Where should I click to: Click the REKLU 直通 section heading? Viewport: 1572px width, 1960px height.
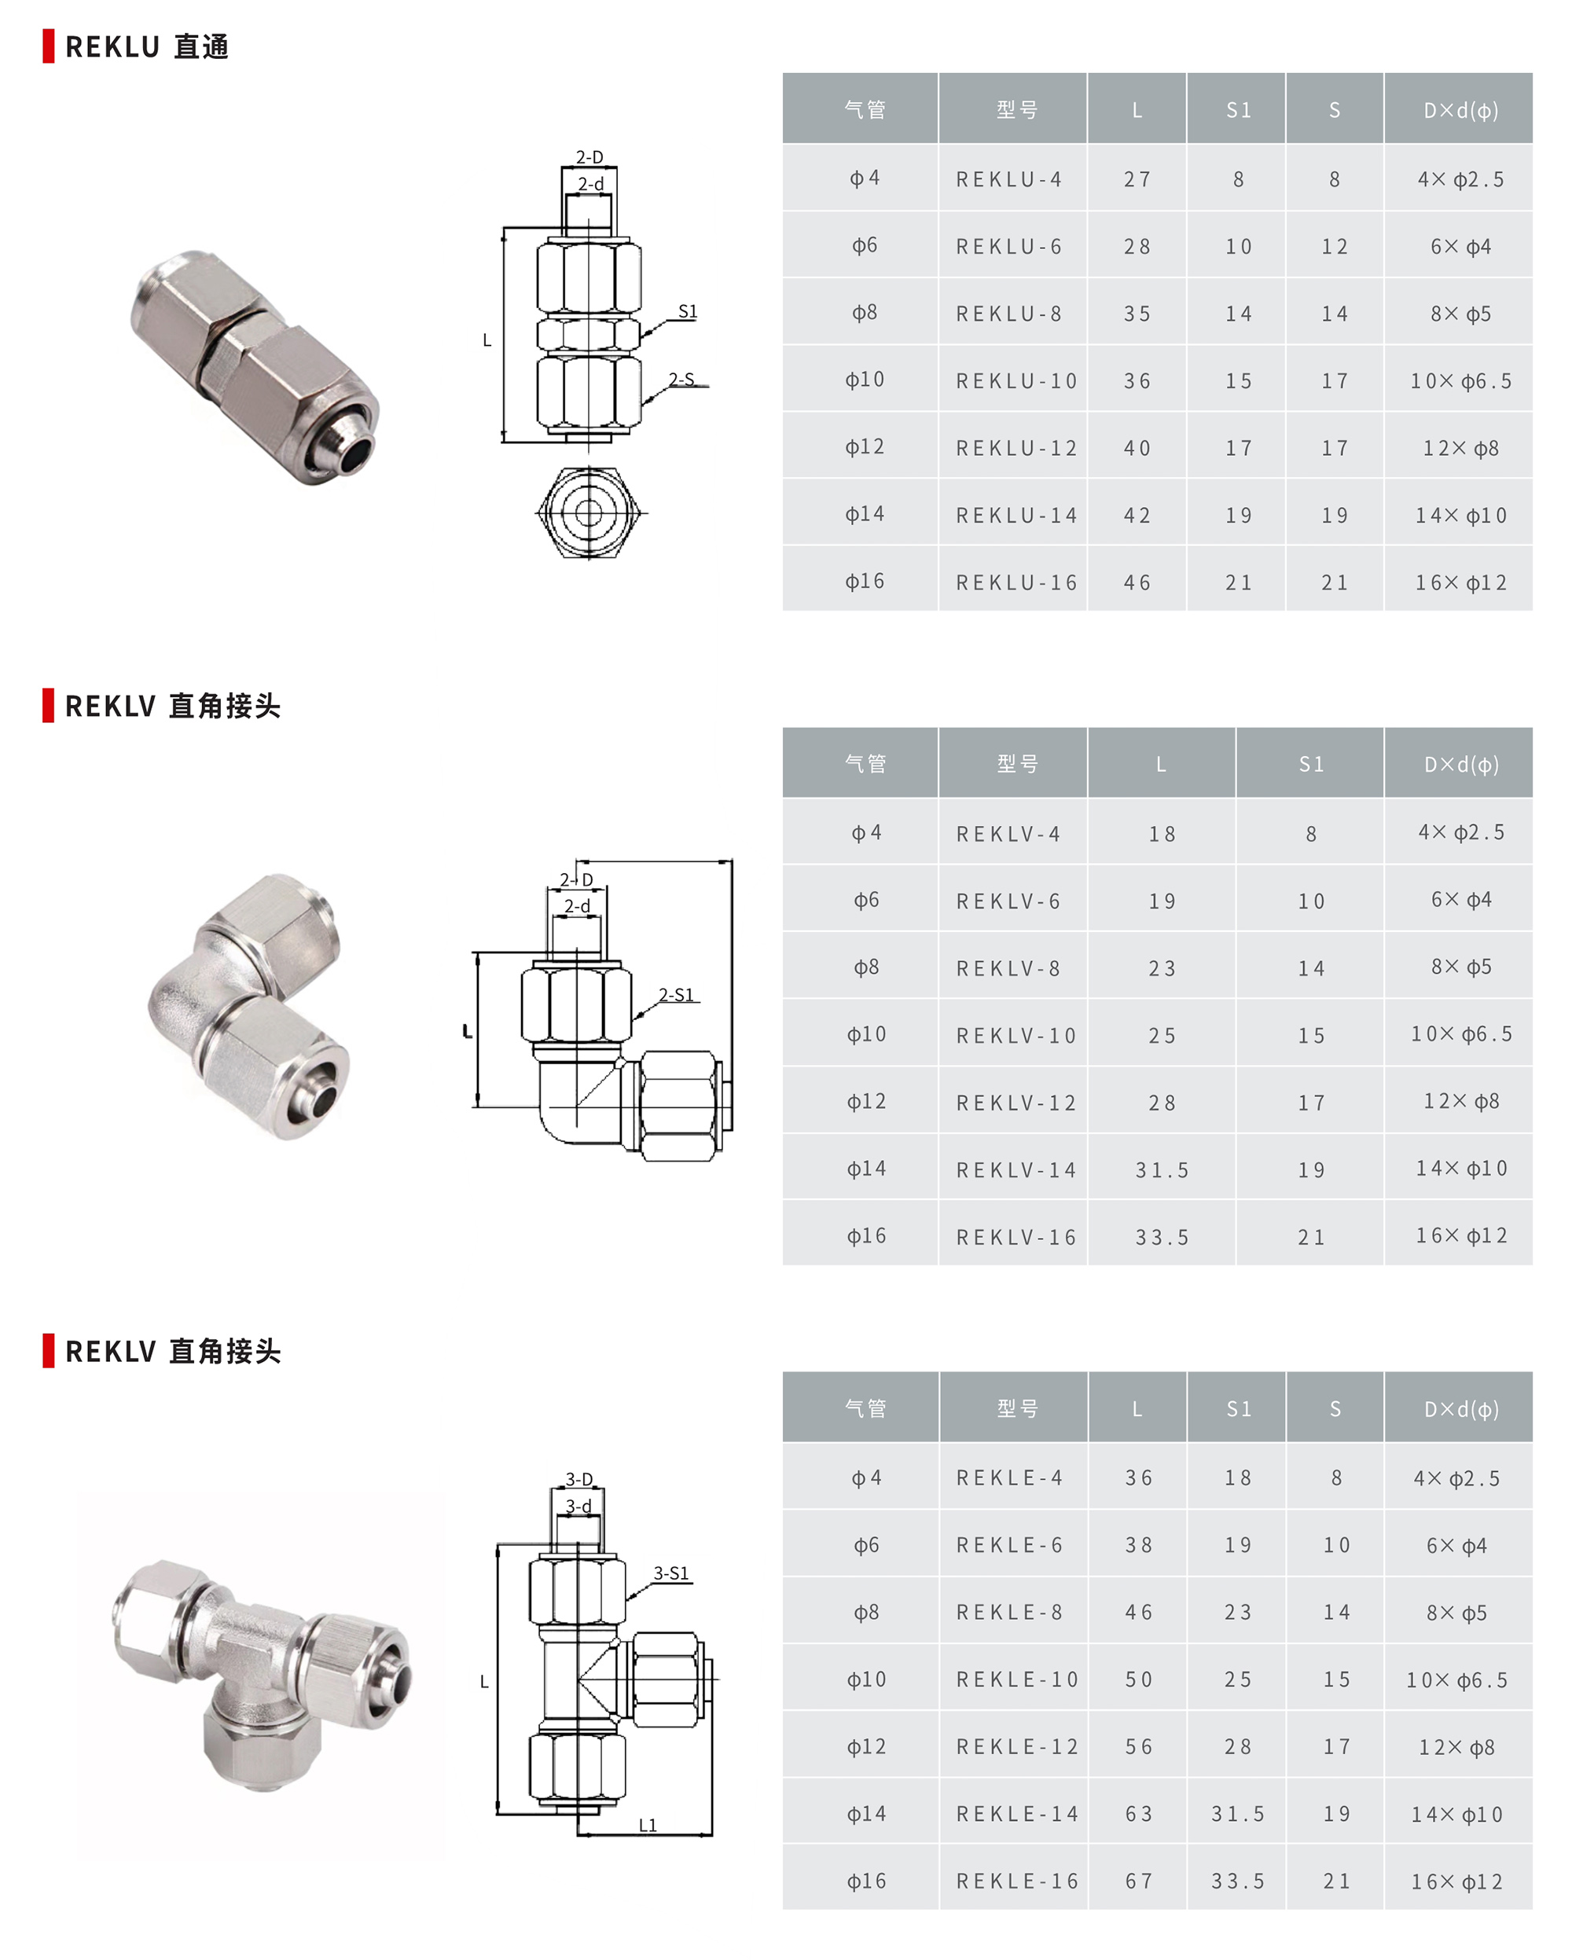[x=146, y=46]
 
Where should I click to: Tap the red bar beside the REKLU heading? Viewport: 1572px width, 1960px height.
[x=48, y=46]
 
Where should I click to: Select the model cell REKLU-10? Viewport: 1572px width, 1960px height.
[x=1016, y=381]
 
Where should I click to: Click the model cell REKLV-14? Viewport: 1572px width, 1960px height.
[x=1016, y=1170]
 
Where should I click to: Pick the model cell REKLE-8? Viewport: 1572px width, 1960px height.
[x=1009, y=1612]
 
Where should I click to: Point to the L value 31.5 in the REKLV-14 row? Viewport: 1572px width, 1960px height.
[x=1161, y=1170]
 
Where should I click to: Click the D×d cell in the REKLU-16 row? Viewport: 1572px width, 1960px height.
[x=1460, y=582]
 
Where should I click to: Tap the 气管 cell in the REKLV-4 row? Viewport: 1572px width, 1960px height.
[x=865, y=833]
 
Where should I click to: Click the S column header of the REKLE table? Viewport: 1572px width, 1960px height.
[x=1335, y=1408]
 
